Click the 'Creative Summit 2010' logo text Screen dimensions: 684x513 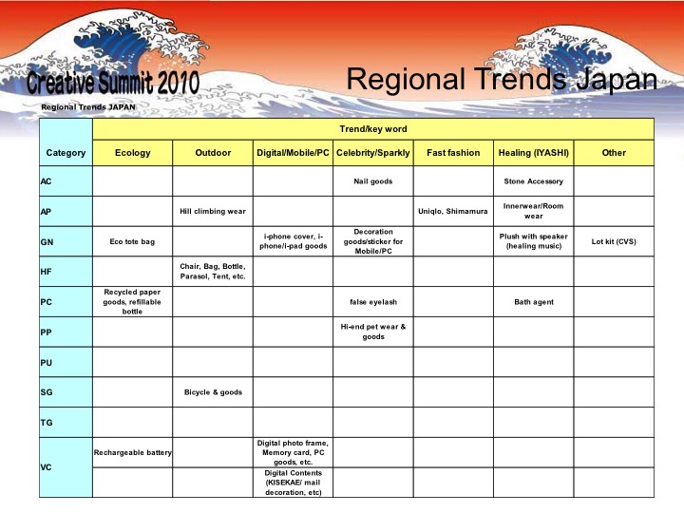(113, 82)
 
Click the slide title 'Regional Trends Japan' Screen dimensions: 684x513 (502, 80)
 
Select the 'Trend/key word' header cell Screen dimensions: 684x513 (373, 129)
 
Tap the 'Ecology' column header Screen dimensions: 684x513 (133, 153)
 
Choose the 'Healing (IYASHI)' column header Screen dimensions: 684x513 (534, 153)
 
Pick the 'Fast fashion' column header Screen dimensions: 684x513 (453, 153)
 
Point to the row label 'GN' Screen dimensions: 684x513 (47, 241)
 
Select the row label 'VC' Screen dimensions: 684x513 (46, 467)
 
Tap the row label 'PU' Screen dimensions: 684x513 (47, 363)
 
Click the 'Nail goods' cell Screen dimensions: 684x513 (373, 181)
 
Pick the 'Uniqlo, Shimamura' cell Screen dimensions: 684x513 (453, 211)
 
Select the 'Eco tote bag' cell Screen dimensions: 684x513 (132, 241)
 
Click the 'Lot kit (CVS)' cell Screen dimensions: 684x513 (614, 241)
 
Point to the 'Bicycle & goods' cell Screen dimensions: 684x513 (213, 392)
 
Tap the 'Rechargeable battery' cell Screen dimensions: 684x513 (133, 453)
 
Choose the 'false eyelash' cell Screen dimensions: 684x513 (373, 302)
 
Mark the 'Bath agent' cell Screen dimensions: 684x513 (534, 302)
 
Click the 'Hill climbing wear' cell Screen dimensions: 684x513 (213, 211)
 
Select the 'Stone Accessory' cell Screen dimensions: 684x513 (534, 181)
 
